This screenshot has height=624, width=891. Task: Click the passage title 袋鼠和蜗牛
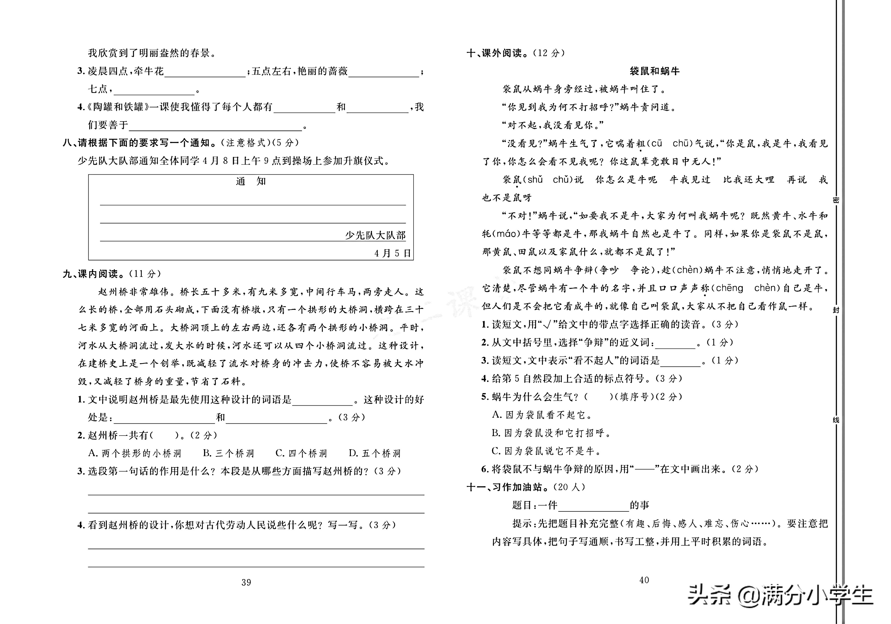(x=654, y=71)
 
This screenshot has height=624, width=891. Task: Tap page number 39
(x=246, y=583)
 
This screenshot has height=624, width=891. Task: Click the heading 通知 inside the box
(x=251, y=181)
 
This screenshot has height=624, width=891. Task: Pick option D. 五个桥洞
(x=375, y=453)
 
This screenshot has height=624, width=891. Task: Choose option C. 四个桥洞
(x=301, y=453)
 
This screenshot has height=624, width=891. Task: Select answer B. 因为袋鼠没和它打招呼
(x=551, y=433)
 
